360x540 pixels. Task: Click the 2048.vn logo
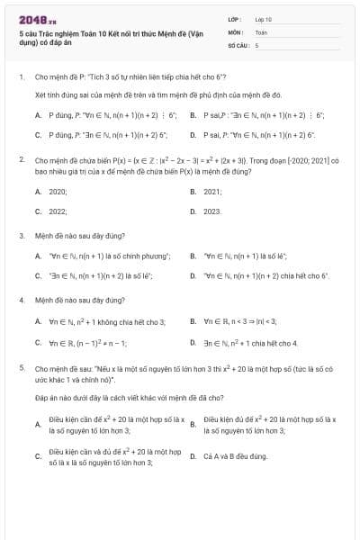click(x=32, y=18)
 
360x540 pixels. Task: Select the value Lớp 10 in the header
click(x=263, y=18)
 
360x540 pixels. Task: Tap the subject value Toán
click(x=261, y=31)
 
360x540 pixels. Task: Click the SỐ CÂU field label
click(x=237, y=44)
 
